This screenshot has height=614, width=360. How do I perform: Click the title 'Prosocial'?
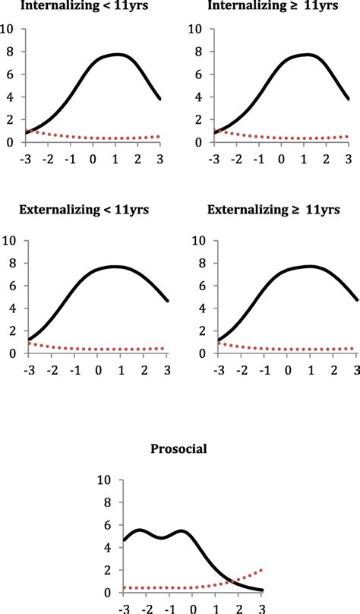coord(180,450)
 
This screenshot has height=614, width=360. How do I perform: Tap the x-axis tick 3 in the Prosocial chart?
coord(262,608)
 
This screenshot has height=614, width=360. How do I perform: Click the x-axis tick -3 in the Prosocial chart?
coord(124,608)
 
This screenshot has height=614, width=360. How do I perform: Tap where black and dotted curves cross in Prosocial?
coord(229,581)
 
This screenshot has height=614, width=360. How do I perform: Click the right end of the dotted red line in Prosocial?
coord(262,570)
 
